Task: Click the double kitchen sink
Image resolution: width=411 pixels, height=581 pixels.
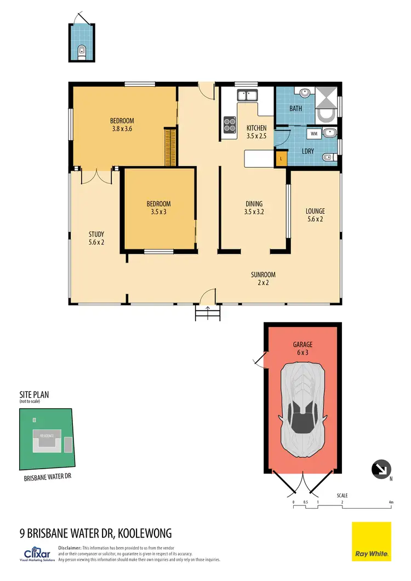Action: (x=247, y=96)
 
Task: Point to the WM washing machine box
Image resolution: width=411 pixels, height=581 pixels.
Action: (x=314, y=133)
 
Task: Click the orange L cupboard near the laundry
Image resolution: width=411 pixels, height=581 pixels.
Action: (x=281, y=158)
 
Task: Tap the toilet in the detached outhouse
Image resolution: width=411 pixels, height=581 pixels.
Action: (x=82, y=52)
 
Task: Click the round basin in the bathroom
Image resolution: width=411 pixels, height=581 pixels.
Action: (x=305, y=93)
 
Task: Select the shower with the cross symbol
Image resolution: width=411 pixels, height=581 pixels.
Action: (x=327, y=97)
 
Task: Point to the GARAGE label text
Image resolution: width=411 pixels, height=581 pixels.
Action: (x=302, y=345)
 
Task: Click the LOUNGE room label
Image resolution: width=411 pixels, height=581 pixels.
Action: (x=315, y=211)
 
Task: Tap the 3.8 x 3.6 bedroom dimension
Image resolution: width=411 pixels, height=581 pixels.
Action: (x=122, y=129)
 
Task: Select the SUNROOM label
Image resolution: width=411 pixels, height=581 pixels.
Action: (x=264, y=275)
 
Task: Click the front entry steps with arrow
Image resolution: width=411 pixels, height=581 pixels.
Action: (x=208, y=313)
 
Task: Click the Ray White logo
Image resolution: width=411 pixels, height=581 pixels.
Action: (x=372, y=541)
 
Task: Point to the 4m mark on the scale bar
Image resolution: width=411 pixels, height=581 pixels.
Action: (x=390, y=502)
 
